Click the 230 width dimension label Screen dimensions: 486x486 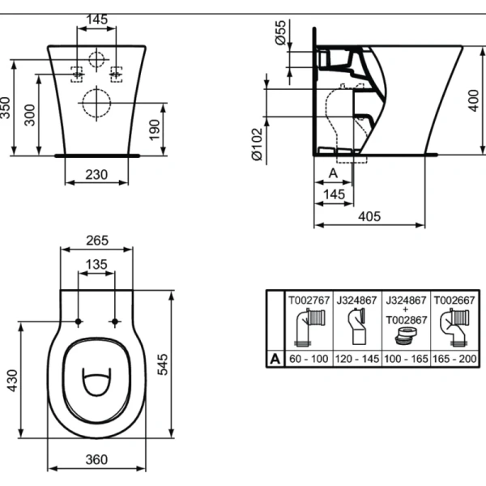(96, 175)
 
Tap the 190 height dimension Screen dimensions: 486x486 (155, 130)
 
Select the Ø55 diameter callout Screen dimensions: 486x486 (280, 32)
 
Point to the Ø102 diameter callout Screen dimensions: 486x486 (258, 144)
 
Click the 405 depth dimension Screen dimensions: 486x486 (369, 216)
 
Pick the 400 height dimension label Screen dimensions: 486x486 (474, 100)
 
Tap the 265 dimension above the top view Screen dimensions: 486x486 (97, 241)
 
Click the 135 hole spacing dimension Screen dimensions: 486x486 (96, 264)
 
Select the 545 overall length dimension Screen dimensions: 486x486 (163, 364)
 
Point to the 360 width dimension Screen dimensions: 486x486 (96, 459)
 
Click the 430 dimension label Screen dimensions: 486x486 (12, 381)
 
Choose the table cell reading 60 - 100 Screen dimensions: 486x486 (309, 359)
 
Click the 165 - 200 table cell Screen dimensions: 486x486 (454, 359)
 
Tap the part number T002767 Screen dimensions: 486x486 (309, 301)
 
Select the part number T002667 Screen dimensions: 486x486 (454, 301)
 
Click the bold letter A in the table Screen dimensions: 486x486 (275, 359)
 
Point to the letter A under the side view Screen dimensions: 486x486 (333, 173)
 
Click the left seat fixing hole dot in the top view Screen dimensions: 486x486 (79, 322)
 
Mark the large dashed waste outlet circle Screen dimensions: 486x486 (96, 103)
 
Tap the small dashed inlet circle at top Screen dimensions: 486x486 (96, 60)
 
